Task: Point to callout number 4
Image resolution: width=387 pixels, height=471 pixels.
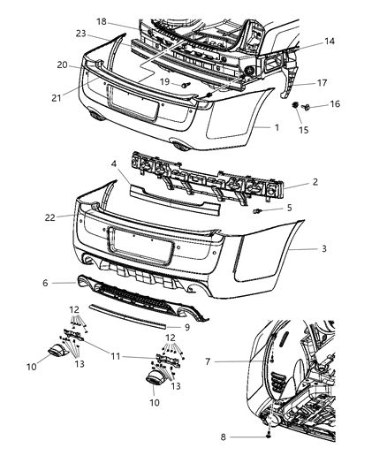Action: pyautogui.click(x=114, y=164)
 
